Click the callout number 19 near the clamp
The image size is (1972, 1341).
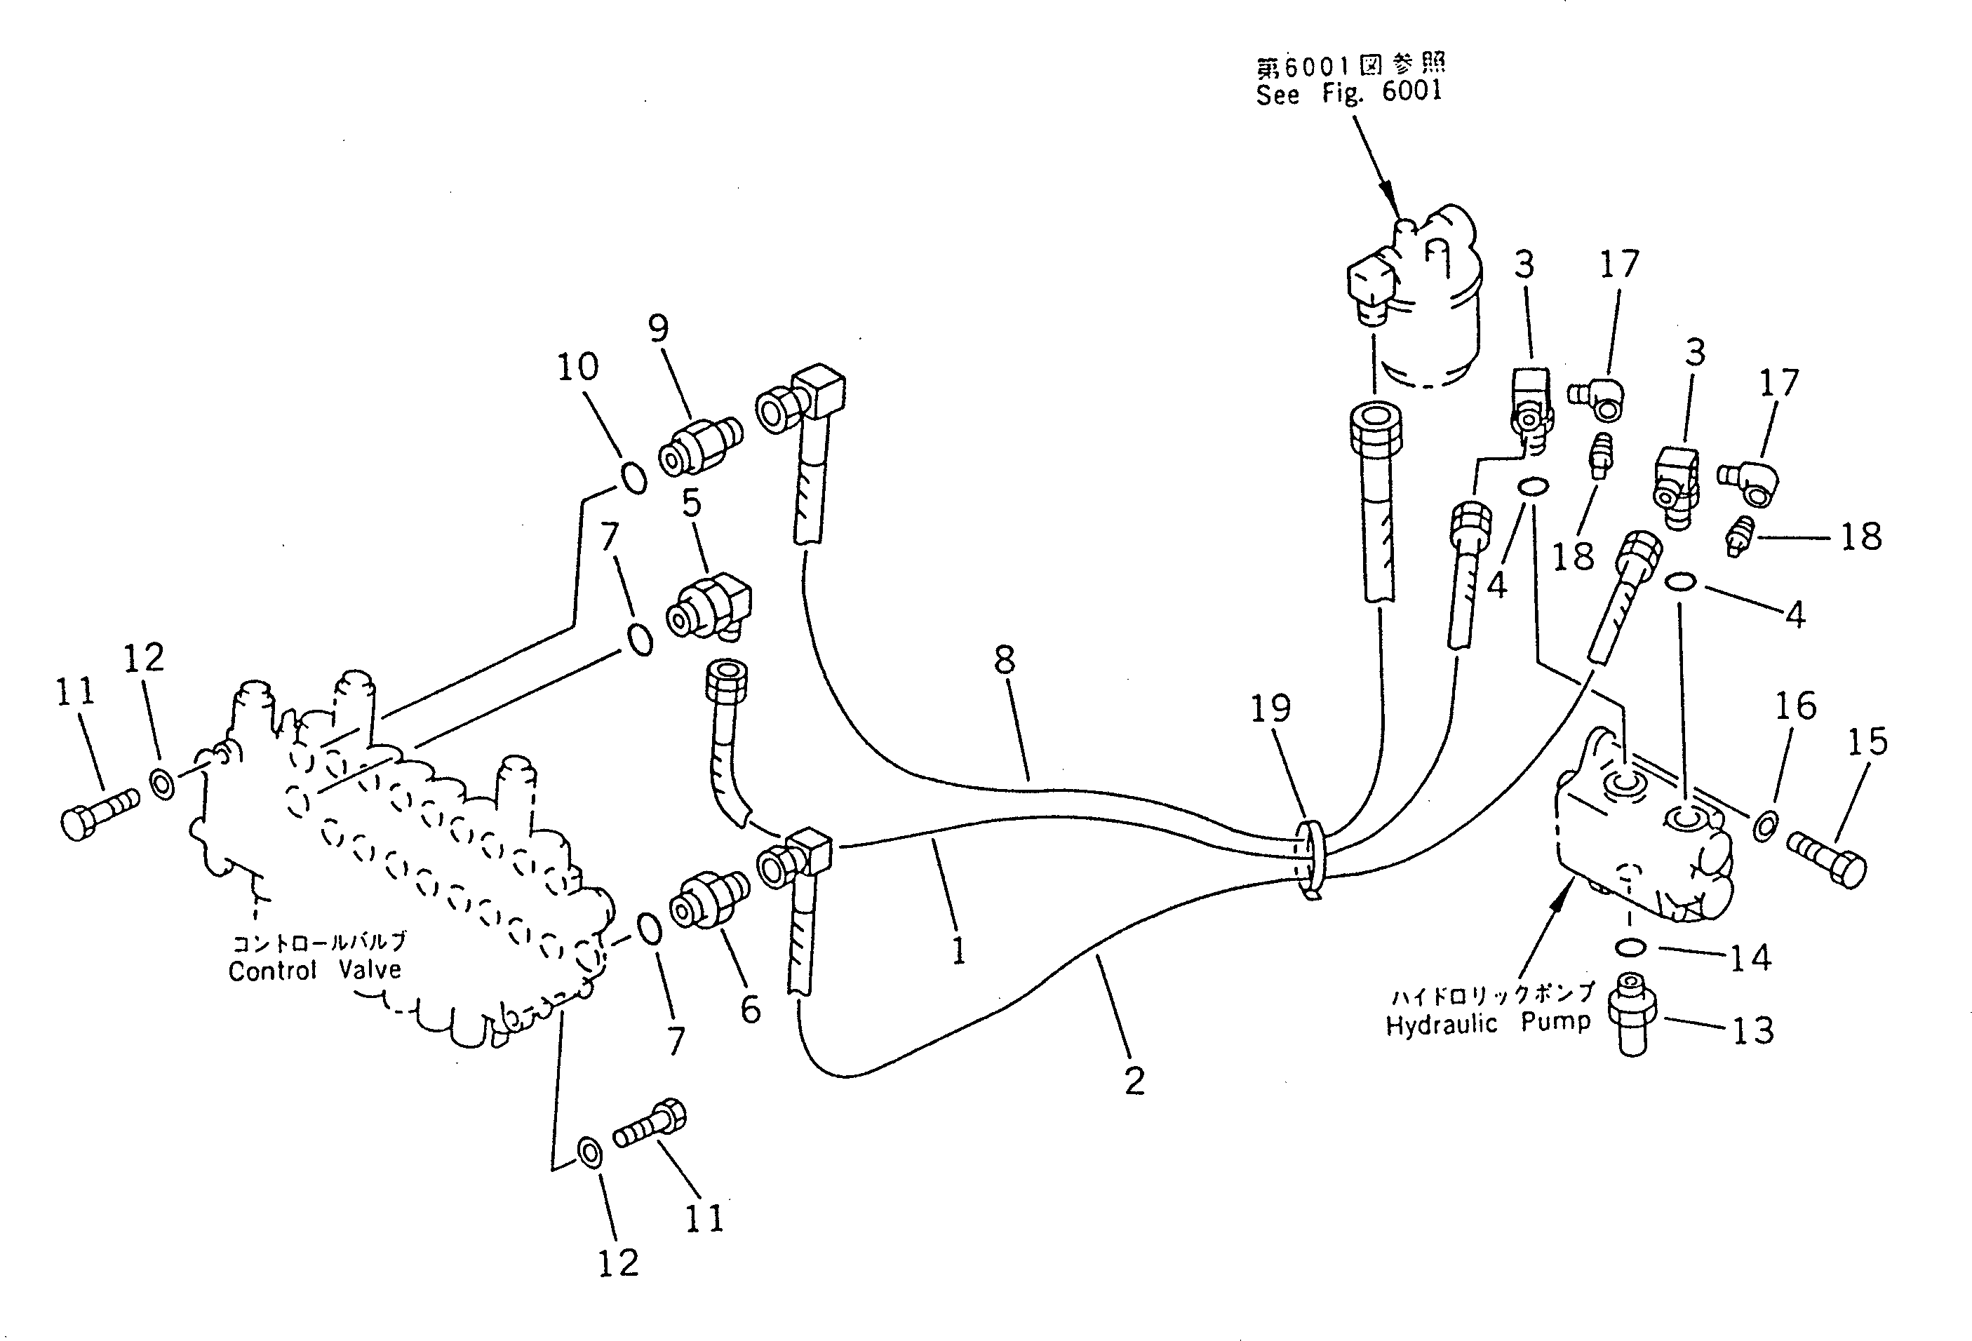[x=1270, y=708]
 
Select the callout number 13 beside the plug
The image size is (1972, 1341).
[x=1753, y=1030]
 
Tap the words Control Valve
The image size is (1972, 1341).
[x=314, y=969]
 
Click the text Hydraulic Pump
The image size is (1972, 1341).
[x=1487, y=1024]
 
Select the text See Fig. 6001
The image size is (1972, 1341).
[x=1349, y=92]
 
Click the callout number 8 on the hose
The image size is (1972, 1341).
[x=1005, y=660]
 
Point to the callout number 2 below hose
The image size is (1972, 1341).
[x=1134, y=1081]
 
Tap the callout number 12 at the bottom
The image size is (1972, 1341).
[x=618, y=1264]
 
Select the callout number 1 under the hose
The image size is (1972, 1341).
[x=958, y=950]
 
